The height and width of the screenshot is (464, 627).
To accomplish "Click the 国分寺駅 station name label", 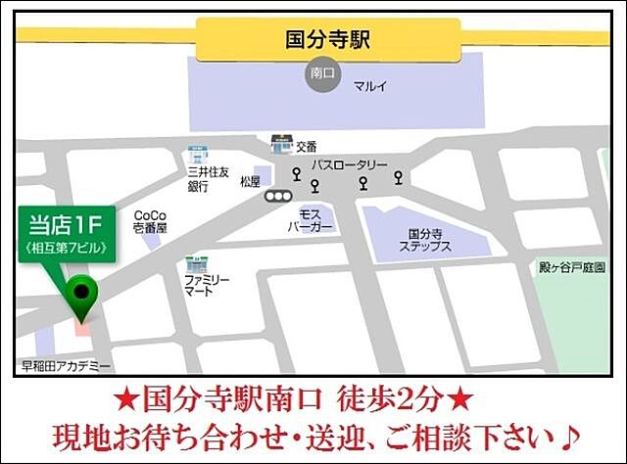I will click(327, 40).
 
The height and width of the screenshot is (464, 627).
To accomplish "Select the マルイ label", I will click(370, 86).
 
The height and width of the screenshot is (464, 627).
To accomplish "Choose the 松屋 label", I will click(250, 181).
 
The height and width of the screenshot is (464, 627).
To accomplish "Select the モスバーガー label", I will click(311, 219).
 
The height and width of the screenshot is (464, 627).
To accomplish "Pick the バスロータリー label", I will click(350, 165).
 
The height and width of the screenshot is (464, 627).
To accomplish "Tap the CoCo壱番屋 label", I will click(151, 221).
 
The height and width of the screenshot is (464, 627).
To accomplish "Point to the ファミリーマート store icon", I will click(195, 265).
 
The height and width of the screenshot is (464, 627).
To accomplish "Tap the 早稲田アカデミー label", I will click(67, 366).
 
